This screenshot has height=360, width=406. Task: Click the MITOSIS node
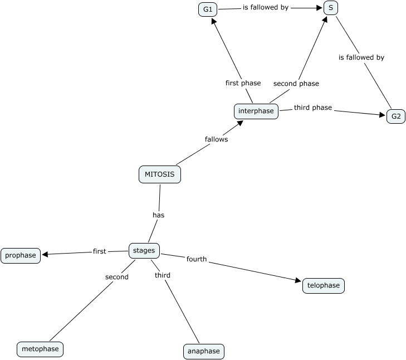coord(159,174)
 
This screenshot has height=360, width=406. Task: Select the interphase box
coord(256,111)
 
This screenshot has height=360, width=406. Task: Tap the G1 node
coord(208,9)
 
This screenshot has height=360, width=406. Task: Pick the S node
coord(331,8)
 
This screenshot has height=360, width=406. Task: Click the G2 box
coord(396,116)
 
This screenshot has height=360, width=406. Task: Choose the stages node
coord(144,251)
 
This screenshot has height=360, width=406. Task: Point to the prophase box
coord(21,256)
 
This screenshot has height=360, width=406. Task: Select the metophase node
coord(40,349)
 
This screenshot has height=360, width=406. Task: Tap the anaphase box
coord(204,351)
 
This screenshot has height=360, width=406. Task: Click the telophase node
coord(323,286)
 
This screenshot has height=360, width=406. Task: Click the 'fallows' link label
coord(216,139)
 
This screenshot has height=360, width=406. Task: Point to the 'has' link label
coord(158,215)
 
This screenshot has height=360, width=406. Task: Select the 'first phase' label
coord(243,83)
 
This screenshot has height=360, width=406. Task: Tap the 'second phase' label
coord(296,84)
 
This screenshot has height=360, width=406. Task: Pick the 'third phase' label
coord(313,108)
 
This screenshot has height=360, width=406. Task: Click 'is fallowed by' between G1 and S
coord(265,8)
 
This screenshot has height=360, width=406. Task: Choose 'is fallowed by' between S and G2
coord(361,57)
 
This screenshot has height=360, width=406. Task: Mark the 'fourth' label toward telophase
coord(197,259)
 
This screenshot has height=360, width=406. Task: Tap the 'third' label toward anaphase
coord(163,275)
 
